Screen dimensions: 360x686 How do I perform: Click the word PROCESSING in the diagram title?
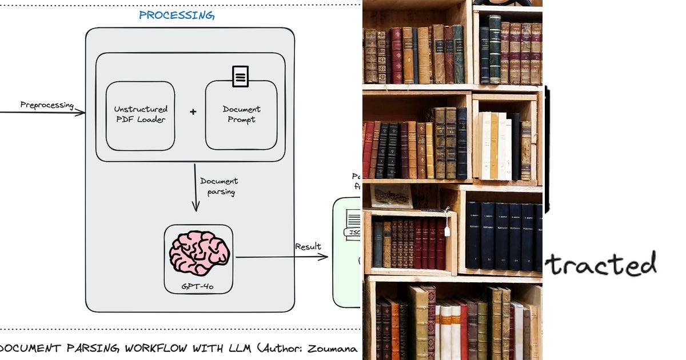(177, 15)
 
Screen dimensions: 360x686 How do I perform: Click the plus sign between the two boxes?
(193, 112)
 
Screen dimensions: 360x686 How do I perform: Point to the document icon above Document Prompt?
(241, 76)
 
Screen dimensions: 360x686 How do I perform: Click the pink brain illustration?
(199, 253)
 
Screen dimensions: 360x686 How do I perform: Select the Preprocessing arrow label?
(47, 105)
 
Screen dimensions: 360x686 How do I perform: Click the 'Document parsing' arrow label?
(218, 186)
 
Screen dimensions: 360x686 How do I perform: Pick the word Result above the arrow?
(308, 247)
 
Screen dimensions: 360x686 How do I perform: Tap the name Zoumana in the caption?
(334, 347)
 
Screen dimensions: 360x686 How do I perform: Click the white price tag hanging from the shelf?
(447, 230)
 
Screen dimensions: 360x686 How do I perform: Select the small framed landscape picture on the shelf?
(391, 195)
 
